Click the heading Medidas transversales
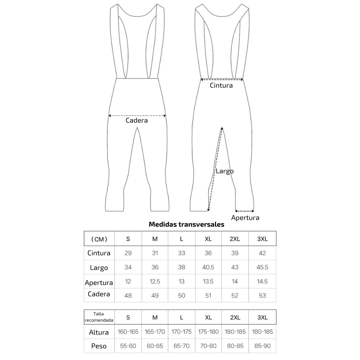pos(186,224)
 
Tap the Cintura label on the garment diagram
pos(221,85)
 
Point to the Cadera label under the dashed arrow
pos(137,120)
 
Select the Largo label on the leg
pos(225,171)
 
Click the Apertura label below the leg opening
pos(245,218)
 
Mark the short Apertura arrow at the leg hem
pos(245,211)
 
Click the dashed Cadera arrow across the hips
pos(137,116)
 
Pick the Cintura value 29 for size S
pos(128,253)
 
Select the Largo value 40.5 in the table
pos(208,267)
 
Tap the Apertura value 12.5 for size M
pos(155,281)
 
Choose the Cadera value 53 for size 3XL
pos(262,295)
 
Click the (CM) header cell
pos(99,239)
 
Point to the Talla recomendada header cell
pos(99,317)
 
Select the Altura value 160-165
pos(128,332)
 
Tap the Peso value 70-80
pos(208,346)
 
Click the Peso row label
pos(99,346)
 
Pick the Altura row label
pos(99,332)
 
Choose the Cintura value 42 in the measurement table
pos(262,253)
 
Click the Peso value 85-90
pos(262,346)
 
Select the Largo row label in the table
pos(99,268)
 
